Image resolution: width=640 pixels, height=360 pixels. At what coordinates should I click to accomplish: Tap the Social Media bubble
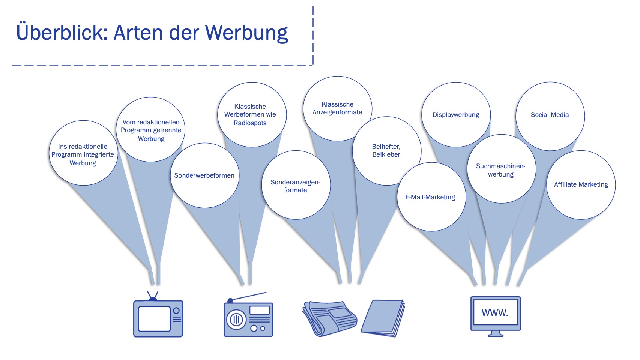point(550,115)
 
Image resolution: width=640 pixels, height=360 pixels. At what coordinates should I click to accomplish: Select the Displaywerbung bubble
point(456,115)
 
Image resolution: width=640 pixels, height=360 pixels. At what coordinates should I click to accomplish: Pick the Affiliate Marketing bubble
point(581,184)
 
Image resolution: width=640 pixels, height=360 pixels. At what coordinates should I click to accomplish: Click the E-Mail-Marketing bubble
point(430,197)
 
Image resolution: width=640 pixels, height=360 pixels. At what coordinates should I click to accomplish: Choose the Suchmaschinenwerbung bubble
point(501,170)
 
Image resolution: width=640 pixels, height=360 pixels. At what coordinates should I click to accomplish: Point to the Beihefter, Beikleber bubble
point(386,150)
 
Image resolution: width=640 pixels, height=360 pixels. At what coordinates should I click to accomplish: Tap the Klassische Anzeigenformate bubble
point(337,108)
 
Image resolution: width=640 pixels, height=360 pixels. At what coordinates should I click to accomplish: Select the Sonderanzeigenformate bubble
point(296,186)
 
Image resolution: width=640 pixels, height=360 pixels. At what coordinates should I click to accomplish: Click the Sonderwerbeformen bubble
point(204,175)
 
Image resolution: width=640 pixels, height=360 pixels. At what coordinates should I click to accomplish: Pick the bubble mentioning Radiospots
point(250,115)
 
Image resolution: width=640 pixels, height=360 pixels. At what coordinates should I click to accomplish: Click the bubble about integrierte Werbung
point(83,154)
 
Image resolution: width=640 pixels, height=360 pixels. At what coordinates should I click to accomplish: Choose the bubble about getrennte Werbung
point(151,130)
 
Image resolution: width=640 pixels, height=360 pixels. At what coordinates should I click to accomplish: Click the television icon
point(158,317)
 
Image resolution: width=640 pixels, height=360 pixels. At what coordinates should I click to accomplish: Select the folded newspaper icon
point(329,318)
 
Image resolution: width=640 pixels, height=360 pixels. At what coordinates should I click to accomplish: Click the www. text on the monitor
point(495,313)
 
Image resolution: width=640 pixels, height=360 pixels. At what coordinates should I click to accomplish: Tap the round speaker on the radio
point(236,320)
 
